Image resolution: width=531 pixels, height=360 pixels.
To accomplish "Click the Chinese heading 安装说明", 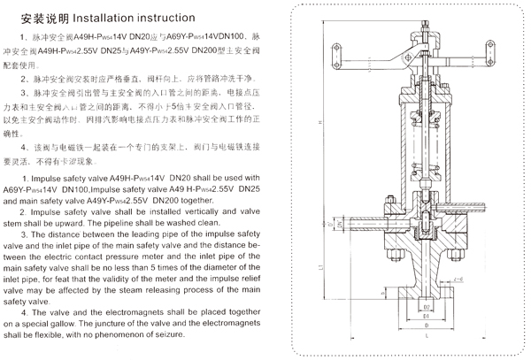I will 41,16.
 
